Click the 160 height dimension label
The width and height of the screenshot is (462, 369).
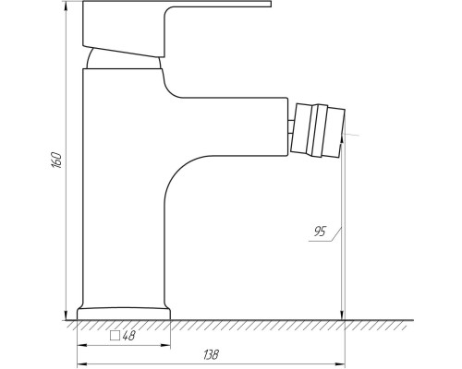point(56,160)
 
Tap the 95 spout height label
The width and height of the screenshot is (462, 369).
point(320,232)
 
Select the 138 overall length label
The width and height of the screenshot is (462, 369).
point(211,354)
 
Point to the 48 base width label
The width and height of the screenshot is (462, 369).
point(128,336)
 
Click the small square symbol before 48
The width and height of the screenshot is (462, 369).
point(115,336)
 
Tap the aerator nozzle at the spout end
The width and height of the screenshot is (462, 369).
point(317,131)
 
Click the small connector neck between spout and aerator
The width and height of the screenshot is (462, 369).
point(290,127)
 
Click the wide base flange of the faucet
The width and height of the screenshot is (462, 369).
point(124,314)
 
